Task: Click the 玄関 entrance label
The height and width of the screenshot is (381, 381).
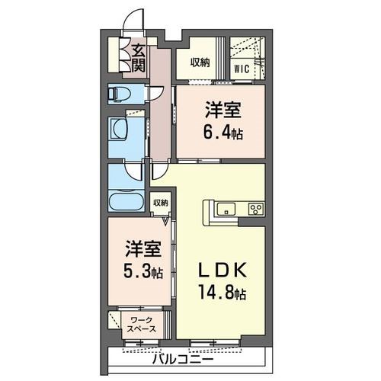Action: click(x=139, y=58)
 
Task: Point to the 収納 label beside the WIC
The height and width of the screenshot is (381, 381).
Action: click(x=200, y=62)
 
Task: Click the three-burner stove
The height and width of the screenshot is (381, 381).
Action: click(x=254, y=209)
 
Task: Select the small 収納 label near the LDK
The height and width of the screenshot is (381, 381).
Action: click(x=160, y=203)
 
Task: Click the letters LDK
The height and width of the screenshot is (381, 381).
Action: click(x=222, y=271)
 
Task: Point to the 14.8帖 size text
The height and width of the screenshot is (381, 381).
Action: click(x=223, y=292)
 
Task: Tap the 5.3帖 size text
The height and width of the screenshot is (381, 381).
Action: click(x=142, y=271)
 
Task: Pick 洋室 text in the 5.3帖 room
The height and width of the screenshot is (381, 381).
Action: click(x=142, y=249)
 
